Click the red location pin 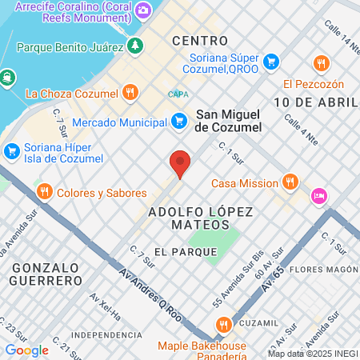pyautogui.click(x=180, y=163)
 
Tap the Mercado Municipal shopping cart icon pyautogui.click(x=180, y=122)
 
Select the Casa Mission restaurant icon pyautogui.click(x=290, y=182)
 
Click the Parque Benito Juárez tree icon pyautogui.click(x=136, y=45)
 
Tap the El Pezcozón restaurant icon pyautogui.click(x=322, y=62)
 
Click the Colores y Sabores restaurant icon pyautogui.click(x=44, y=192)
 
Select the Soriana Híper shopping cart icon pyautogui.click(x=11, y=150)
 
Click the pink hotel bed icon pyautogui.click(x=319, y=195)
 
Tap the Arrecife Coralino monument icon pyautogui.click(x=143, y=10)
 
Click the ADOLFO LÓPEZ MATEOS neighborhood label pyautogui.click(x=200, y=218)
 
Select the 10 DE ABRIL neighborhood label pyautogui.click(x=314, y=102)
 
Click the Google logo pyautogui.click(x=26, y=350)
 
